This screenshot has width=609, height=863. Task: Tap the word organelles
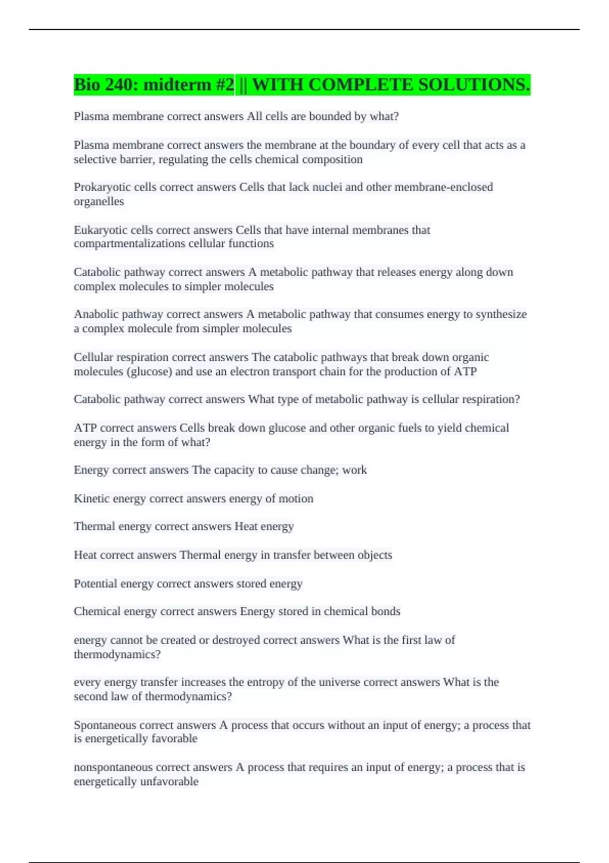click(98, 202)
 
